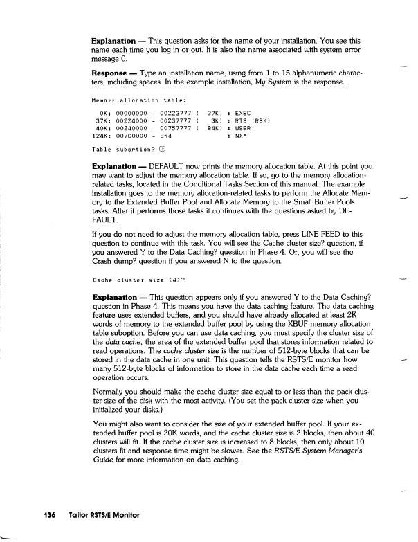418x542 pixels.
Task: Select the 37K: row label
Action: (x=102, y=119)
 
